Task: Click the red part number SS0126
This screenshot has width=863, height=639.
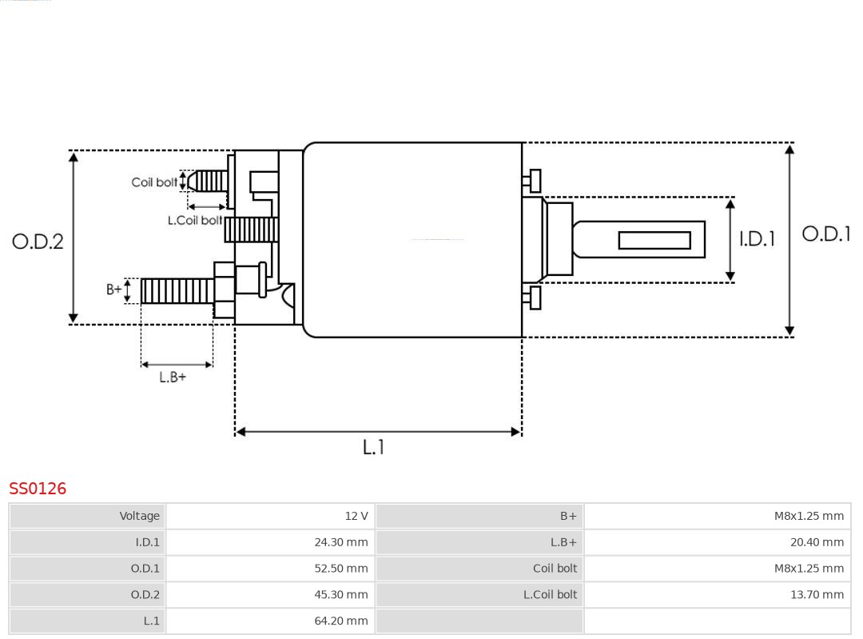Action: (38, 489)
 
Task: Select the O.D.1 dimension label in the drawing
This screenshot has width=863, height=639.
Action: (826, 234)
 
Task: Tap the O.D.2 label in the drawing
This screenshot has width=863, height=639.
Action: (38, 242)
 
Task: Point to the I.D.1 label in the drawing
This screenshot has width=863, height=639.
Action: (756, 239)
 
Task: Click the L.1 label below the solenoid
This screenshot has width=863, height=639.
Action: (373, 447)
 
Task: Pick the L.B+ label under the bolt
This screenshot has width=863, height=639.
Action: (173, 377)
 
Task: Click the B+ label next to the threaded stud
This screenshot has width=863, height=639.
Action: (114, 290)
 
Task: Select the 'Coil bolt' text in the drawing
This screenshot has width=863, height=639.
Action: (154, 182)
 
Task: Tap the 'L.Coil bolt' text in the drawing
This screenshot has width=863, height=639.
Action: (195, 220)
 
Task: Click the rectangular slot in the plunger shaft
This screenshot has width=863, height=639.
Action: (654, 240)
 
